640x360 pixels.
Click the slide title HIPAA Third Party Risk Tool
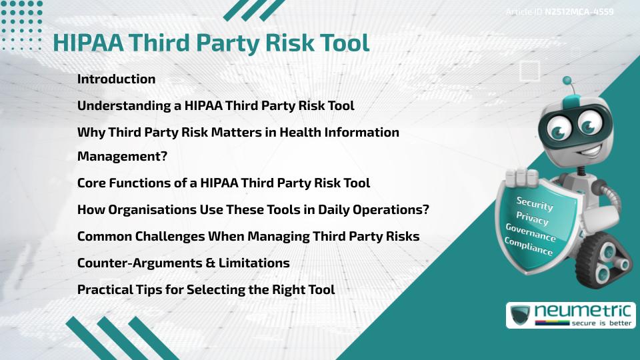coord(211,43)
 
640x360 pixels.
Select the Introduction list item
coord(116,79)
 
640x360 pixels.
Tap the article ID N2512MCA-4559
coord(559,11)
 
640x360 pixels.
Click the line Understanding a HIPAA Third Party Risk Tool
coord(215,105)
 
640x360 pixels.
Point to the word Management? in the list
coord(122,157)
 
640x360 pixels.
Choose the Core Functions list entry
coord(223,183)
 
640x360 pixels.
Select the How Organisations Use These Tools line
coord(253,209)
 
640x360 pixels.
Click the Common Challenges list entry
coord(248,236)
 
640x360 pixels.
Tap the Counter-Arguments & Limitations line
coord(183,263)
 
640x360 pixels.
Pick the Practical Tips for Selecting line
coord(206,289)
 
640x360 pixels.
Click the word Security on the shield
coord(535,203)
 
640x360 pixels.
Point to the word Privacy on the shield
coord(533,218)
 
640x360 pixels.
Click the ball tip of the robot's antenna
coord(567,81)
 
